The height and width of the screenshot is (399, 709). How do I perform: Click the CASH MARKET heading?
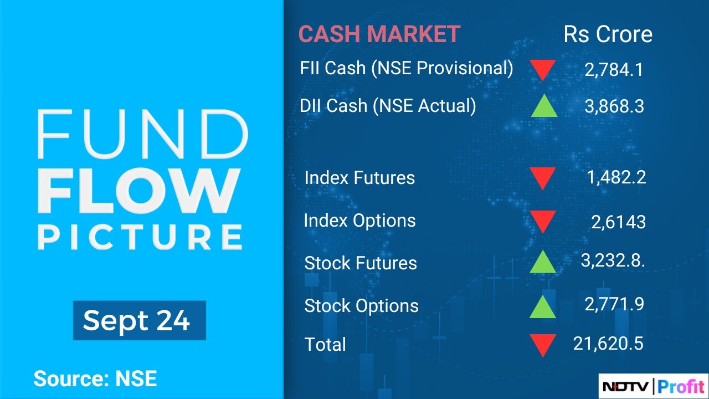coord(379,34)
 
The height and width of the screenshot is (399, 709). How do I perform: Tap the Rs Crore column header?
coord(608,34)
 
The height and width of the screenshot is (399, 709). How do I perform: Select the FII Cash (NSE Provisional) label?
coord(407,68)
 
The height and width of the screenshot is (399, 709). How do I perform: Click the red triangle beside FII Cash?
coord(543,70)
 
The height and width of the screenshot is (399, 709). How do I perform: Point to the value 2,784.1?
coord(614,70)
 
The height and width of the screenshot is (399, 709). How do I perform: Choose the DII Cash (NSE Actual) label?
coord(388,106)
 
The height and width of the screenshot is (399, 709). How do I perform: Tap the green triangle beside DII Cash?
coord(544,106)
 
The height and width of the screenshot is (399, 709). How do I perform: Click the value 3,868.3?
coord(614,106)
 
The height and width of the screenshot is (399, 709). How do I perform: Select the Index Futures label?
coord(359,177)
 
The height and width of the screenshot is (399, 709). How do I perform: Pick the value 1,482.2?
coord(616,177)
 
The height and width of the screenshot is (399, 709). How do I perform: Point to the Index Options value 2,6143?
coord(619,222)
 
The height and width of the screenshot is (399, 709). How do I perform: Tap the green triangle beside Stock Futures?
coord(542,262)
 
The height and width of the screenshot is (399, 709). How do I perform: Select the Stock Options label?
coord(362,306)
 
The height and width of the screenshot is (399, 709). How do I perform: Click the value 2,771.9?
coord(614,304)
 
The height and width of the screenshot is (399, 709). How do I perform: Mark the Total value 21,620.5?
coord(608,344)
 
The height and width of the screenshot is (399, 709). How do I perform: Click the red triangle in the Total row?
coord(542,345)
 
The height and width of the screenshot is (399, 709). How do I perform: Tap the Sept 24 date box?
coord(140,320)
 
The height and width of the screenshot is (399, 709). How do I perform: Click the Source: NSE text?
coord(95,378)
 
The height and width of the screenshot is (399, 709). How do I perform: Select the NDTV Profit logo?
coord(653,386)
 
